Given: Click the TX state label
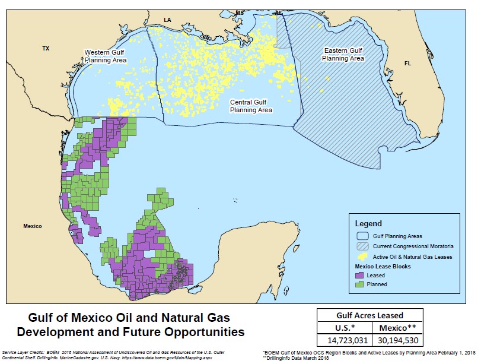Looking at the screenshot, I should click(x=46, y=48).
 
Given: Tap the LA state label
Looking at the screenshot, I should click(x=167, y=20).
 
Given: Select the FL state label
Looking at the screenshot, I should click(x=407, y=63).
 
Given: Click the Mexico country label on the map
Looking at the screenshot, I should click(x=33, y=226).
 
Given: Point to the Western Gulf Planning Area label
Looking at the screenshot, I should click(x=105, y=56).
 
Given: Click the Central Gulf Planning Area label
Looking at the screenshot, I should click(x=251, y=106).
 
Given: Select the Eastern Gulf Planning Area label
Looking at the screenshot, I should click(x=343, y=55).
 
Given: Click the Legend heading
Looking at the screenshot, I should click(x=368, y=224).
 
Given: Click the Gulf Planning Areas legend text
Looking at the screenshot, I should click(x=397, y=236).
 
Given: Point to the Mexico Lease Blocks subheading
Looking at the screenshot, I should click(x=383, y=267).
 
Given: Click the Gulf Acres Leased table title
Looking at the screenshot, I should click(x=369, y=315).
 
